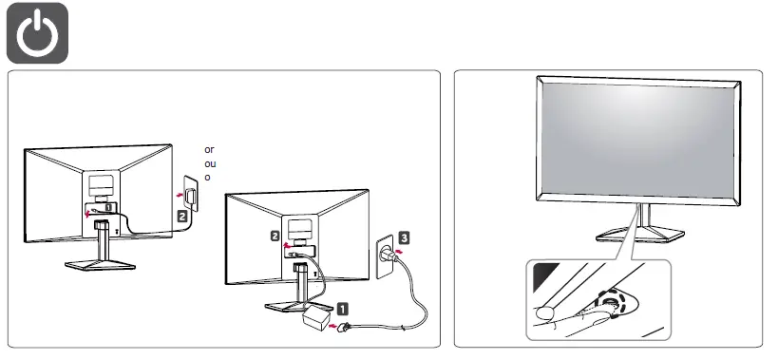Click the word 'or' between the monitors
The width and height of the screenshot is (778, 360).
(209, 150)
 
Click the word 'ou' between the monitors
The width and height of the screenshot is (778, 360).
(209, 163)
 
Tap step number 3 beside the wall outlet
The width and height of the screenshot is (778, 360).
(404, 237)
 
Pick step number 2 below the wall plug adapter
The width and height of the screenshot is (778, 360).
(181, 217)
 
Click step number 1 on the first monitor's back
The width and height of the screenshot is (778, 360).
(109, 205)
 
